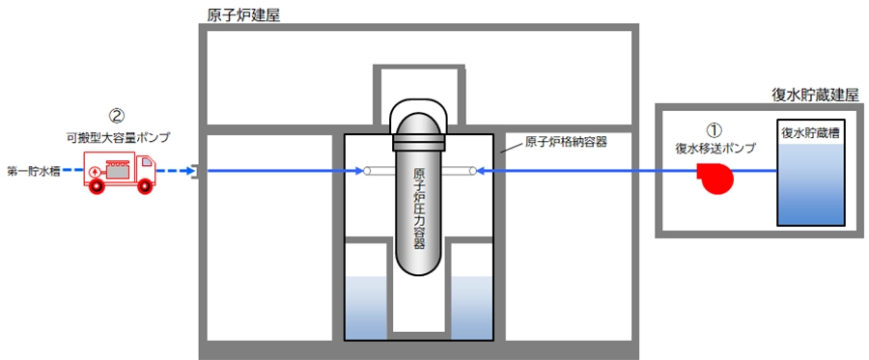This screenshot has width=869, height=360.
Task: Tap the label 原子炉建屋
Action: coord(243,14)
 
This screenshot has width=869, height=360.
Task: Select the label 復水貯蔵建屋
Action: coord(815,95)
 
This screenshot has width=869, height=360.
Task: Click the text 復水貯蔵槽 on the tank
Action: coord(810,133)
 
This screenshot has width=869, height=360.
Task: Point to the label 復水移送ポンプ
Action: coord(715,149)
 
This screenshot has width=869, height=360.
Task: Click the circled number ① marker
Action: coord(715,130)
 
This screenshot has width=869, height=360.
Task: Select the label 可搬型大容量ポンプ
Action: coord(117,138)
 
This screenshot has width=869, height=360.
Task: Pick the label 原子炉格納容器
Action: coord(566,142)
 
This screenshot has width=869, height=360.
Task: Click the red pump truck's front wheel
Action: coord(144,186)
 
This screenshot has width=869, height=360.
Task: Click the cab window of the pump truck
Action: coord(146,163)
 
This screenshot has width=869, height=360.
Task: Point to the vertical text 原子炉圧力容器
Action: coord(419,208)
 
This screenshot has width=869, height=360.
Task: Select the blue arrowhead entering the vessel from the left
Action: coord(359,172)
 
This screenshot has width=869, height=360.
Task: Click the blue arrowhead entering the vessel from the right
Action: coord(482,172)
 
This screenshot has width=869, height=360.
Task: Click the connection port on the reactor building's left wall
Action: coord(194,172)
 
